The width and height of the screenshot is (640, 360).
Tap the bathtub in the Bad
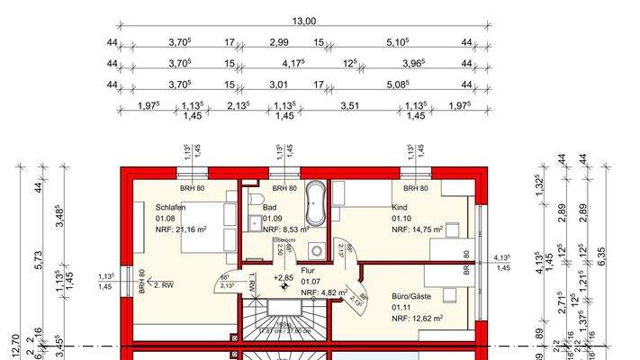point(315,204)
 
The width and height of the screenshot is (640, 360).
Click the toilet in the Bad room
point(256,198)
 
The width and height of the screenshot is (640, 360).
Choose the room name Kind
point(400,207)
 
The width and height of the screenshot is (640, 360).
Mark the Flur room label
point(308,269)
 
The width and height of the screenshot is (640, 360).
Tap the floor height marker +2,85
point(284,279)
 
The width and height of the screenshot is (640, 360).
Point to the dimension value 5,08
point(396,86)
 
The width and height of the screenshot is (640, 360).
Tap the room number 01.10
point(401,218)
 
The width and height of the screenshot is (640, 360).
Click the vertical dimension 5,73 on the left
point(39,261)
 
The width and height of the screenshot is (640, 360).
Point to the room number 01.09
point(272,218)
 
